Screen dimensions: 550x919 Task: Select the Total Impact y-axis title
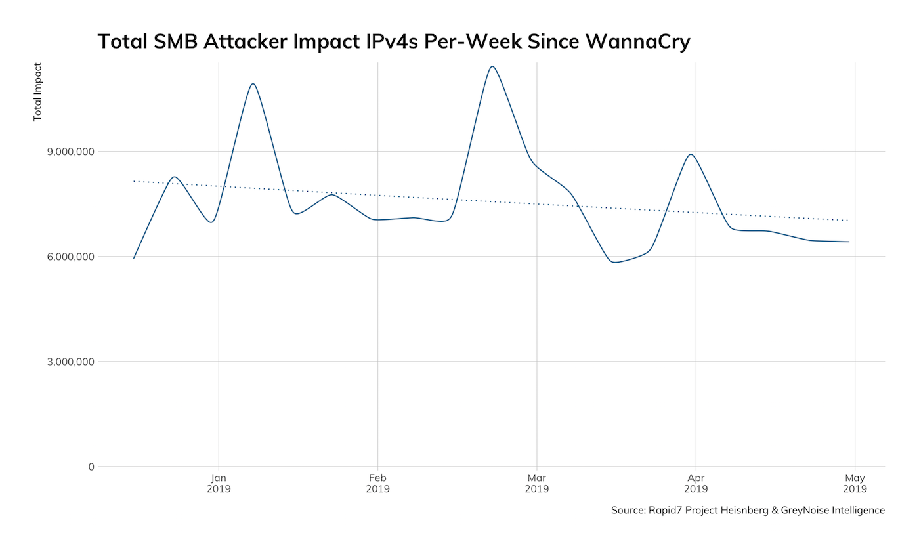(x=37, y=92)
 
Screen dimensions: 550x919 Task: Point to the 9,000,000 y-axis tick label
(x=64, y=152)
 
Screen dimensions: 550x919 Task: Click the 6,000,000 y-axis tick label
(x=64, y=257)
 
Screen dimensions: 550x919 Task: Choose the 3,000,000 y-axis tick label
(x=64, y=362)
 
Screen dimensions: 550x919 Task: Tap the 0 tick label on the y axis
(x=91, y=467)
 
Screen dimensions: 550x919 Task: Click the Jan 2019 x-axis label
(x=219, y=483)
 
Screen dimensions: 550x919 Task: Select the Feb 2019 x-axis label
(x=377, y=483)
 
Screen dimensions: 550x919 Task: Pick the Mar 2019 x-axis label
(x=537, y=483)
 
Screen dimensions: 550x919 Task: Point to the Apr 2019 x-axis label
(x=696, y=483)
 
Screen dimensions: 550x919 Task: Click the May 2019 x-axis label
(x=855, y=483)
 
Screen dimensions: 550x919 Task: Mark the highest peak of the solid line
(x=492, y=66)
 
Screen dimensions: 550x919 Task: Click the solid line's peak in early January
(x=253, y=83)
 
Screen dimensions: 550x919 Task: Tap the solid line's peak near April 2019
(x=691, y=154)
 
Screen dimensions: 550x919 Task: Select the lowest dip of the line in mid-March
(x=614, y=263)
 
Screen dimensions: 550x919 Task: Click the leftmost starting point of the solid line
(x=133, y=258)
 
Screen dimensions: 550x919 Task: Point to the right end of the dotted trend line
(x=849, y=221)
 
